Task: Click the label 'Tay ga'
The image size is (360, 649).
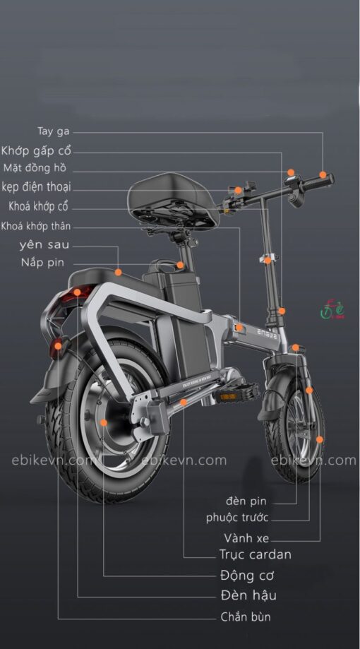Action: [x=54, y=131]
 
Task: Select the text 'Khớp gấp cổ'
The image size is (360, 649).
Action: [x=36, y=150]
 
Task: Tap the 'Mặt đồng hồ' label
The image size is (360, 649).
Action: [x=35, y=168]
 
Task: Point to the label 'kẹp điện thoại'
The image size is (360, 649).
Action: [x=37, y=186]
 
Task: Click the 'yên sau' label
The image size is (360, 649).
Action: [x=44, y=244]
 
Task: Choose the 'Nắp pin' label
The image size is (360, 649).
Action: [x=42, y=263]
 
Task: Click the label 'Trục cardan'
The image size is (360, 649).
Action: [x=256, y=554]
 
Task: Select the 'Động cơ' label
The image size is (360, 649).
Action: [x=247, y=576]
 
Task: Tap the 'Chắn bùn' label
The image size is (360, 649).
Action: [x=246, y=617]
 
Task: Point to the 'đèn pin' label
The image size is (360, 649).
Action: [x=246, y=501]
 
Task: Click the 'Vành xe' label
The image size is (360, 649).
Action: [x=246, y=538]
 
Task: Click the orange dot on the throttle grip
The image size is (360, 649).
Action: [x=323, y=174]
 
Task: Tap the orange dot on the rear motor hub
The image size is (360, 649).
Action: [x=104, y=422]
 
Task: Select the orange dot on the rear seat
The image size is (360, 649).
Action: [x=119, y=273]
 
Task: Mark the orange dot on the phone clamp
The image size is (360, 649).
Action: [x=238, y=190]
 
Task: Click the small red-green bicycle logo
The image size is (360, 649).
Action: [x=332, y=309]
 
